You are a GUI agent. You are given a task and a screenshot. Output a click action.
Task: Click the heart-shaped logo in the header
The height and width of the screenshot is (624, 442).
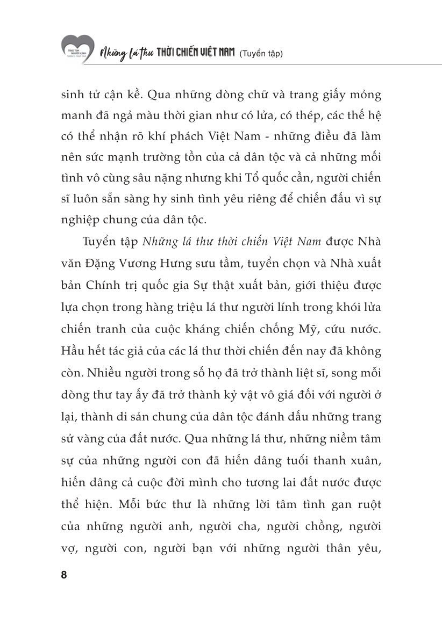coord(77,47)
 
